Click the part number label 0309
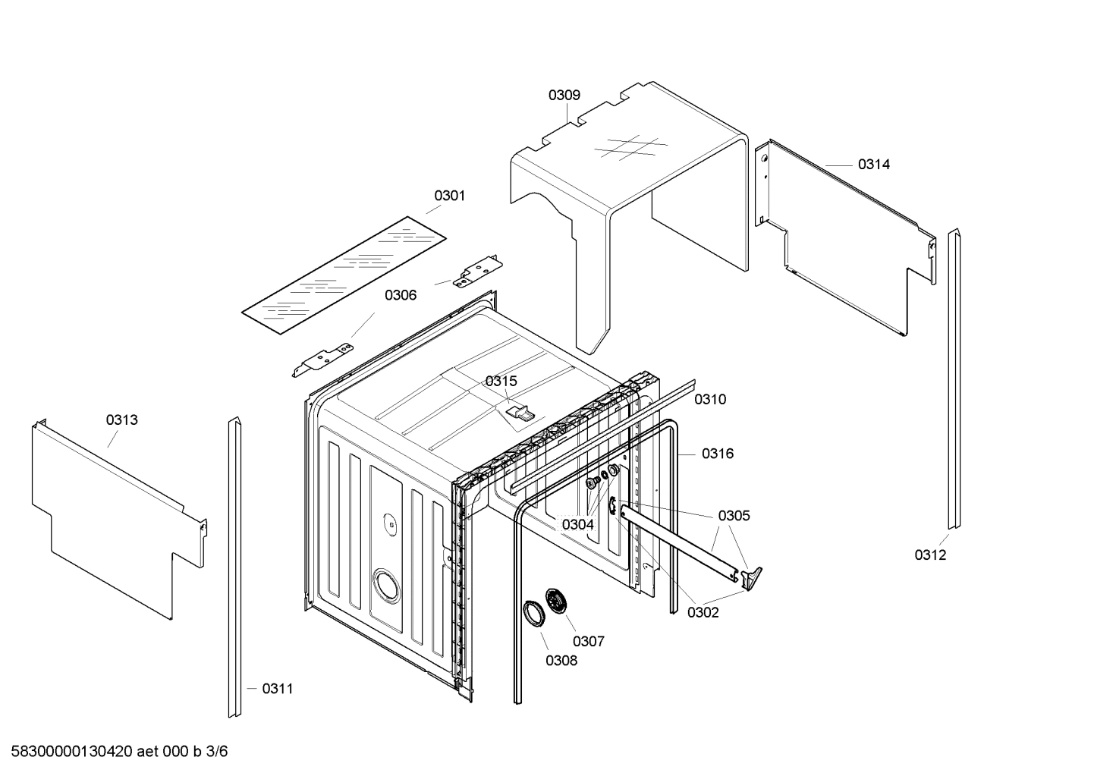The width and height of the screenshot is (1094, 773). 564,95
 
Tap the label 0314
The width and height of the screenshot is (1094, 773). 874,164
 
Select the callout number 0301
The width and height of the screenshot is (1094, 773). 449,196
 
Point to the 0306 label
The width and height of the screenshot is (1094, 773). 400,295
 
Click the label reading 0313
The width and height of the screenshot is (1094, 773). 122,419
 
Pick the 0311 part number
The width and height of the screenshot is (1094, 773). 277,688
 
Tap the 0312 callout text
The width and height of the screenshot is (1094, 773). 930,555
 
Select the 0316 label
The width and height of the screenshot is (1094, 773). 717,454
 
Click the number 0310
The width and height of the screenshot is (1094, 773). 710,399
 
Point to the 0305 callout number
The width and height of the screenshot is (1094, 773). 734,516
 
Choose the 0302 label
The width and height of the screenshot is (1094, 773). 703,612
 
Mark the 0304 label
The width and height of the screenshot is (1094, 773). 577,524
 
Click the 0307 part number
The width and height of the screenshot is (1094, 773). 588,641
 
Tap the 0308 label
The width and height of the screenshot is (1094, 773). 561,660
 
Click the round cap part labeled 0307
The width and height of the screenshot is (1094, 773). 560,603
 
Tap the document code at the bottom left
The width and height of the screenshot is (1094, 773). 115,752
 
